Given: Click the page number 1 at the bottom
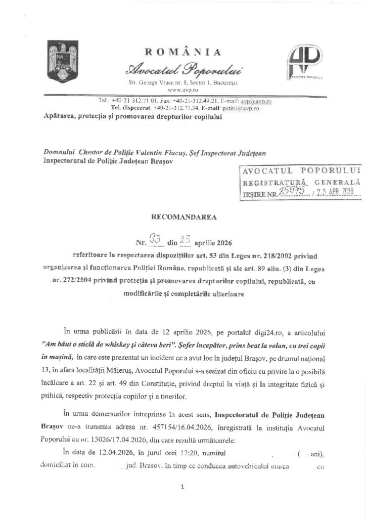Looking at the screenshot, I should coord(182,487).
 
